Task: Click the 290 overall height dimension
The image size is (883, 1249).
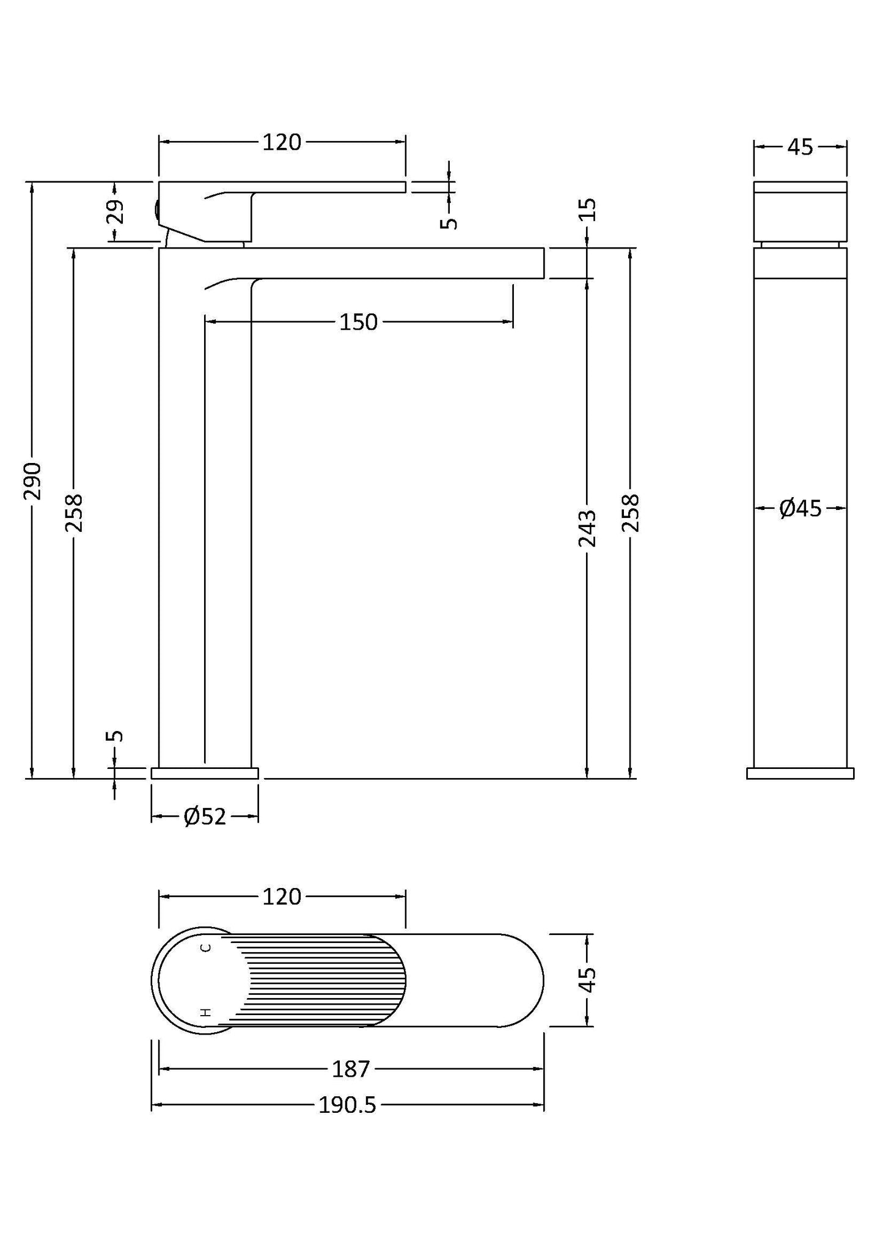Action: point(32,481)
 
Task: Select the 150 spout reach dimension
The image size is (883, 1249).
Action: point(359,322)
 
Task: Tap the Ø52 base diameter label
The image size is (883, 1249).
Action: point(205,817)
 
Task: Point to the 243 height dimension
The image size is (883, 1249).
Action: point(587,528)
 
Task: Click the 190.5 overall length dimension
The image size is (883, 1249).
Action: point(347,1105)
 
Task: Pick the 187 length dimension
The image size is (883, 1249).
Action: point(351,1069)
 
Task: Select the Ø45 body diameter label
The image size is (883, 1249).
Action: point(801,508)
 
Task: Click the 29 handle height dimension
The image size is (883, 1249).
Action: point(115,212)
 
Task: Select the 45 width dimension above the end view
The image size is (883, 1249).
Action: point(800,147)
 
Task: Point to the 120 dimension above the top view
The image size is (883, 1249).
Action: point(282,897)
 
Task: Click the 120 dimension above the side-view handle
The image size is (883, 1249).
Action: point(282,142)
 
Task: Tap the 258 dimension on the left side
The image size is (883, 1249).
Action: point(74,513)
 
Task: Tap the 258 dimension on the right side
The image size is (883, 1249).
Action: point(631,513)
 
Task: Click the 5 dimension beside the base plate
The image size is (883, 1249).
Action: point(115,735)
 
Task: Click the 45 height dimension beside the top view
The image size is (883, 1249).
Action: point(587,980)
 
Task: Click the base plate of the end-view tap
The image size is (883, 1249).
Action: point(800,773)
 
